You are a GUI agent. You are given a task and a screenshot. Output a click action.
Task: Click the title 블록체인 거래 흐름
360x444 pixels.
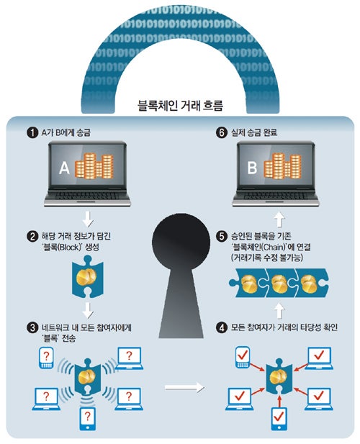click(180, 105)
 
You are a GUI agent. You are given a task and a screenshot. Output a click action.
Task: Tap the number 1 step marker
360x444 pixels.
click(32, 132)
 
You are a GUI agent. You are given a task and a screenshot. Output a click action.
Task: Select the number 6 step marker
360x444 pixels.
click(222, 132)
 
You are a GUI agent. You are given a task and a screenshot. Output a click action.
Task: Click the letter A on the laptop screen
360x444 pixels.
click(64, 168)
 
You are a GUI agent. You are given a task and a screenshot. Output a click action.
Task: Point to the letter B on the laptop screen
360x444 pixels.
click(252, 168)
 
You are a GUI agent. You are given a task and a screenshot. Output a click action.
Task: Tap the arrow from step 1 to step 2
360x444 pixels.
click(88, 219)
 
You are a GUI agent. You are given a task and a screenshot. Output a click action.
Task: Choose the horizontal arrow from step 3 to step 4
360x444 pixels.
click(184, 388)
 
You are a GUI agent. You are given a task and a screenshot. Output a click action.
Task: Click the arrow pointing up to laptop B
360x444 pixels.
click(279, 219)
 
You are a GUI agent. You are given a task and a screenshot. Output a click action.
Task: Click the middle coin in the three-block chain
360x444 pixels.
click(279, 284)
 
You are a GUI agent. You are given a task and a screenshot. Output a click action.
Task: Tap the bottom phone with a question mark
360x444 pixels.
click(88, 419)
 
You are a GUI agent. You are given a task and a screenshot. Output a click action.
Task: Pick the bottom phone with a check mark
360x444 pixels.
click(279, 419)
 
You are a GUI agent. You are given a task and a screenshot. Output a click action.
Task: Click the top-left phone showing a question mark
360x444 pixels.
click(46, 358)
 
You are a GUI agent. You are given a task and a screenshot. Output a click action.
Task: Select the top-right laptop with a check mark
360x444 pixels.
click(319, 358)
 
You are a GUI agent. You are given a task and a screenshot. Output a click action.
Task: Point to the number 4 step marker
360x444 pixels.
click(222, 328)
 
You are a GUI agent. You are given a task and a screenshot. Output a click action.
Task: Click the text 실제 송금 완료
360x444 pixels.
click(254, 132)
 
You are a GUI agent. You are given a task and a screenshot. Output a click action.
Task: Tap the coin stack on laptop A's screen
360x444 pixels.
click(94, 166)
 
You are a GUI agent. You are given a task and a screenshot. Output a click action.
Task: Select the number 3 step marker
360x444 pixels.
click(32, 328)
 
